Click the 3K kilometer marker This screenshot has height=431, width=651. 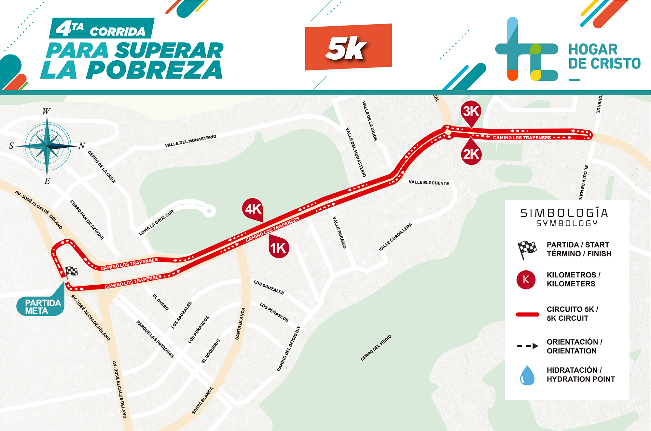(471, 112)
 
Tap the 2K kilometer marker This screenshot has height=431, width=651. (471, 155)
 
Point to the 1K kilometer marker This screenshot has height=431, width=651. (279, 248)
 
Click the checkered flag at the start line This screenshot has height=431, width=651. (71, 272)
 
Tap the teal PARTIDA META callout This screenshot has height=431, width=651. (41, 306)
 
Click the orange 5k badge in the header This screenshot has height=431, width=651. (348, 47)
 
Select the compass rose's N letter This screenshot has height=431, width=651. (82, 146)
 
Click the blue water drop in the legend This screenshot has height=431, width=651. (527, 375)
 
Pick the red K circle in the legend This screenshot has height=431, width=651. (526, 280)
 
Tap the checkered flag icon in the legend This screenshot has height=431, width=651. (527, 249)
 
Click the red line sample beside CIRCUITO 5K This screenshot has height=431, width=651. (527, 314)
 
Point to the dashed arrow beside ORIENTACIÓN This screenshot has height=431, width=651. (527, 346)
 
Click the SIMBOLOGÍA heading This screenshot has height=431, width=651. (564, 213)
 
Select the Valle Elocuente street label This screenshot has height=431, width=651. (429, 183)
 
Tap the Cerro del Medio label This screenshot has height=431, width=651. (376, 348)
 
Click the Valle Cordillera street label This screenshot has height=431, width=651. (395, 237)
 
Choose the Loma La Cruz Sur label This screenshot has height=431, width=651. (156, 223)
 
